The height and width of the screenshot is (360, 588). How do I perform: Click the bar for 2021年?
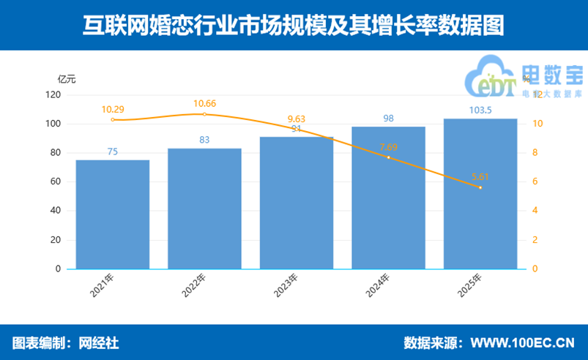point(113,214)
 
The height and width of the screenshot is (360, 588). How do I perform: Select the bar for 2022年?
point(204,209)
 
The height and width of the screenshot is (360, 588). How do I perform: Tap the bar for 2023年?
point(297,203)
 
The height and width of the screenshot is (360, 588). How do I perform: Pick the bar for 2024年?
point(388,198)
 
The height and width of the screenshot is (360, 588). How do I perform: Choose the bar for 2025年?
point(480,194)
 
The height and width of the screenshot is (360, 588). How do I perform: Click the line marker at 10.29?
point(113,119)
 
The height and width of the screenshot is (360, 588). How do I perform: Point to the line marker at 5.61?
point(480,187)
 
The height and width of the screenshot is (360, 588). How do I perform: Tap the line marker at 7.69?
point(388,157)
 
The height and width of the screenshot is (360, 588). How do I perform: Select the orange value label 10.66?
point(204,104)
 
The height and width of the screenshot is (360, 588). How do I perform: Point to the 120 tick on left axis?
point(53,94)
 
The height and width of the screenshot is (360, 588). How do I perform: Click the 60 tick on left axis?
point(55,181)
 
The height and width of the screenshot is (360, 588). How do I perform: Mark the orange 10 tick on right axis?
point(537,124)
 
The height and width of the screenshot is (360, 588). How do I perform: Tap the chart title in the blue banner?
point(294,26)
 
